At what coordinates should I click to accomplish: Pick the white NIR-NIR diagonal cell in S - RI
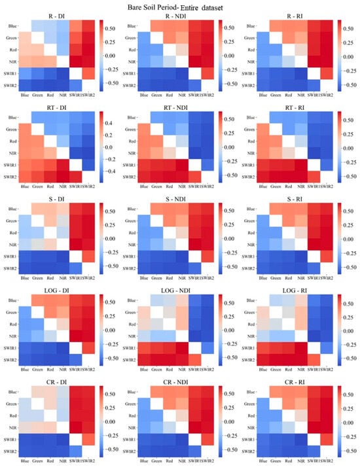(x=308, y=243)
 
